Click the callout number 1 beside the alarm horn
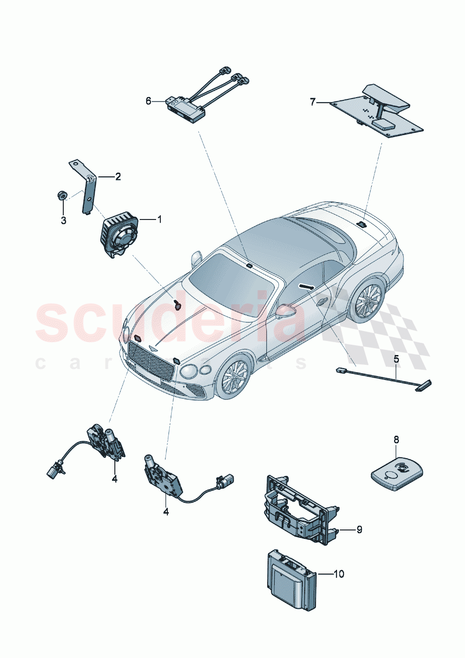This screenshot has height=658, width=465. pyautogui.click(x=159, y=219)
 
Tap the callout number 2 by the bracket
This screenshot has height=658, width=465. pyautogui.click(x=118, y=176)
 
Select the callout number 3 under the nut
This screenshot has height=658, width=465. pyautogui.click(x=63, y=220)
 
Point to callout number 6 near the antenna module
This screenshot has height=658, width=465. pyautogui.click(x=149, y=101)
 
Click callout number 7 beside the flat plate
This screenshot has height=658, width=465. pyautogui.click(x=313, y=102)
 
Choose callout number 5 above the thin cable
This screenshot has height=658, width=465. pyautogui.click(x=396, y=359)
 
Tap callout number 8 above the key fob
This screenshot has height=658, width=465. pyautogui.click(x=396, y=439)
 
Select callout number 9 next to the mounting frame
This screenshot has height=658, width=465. pyautogui.click(x=359, y=529)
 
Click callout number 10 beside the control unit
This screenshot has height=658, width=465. pyautogui.click(x=338, y=574)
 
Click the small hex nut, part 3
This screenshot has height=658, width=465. pyautogui.click(x=61, y=195)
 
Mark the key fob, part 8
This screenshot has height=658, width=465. pyautogui.click(x=397, y=474)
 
